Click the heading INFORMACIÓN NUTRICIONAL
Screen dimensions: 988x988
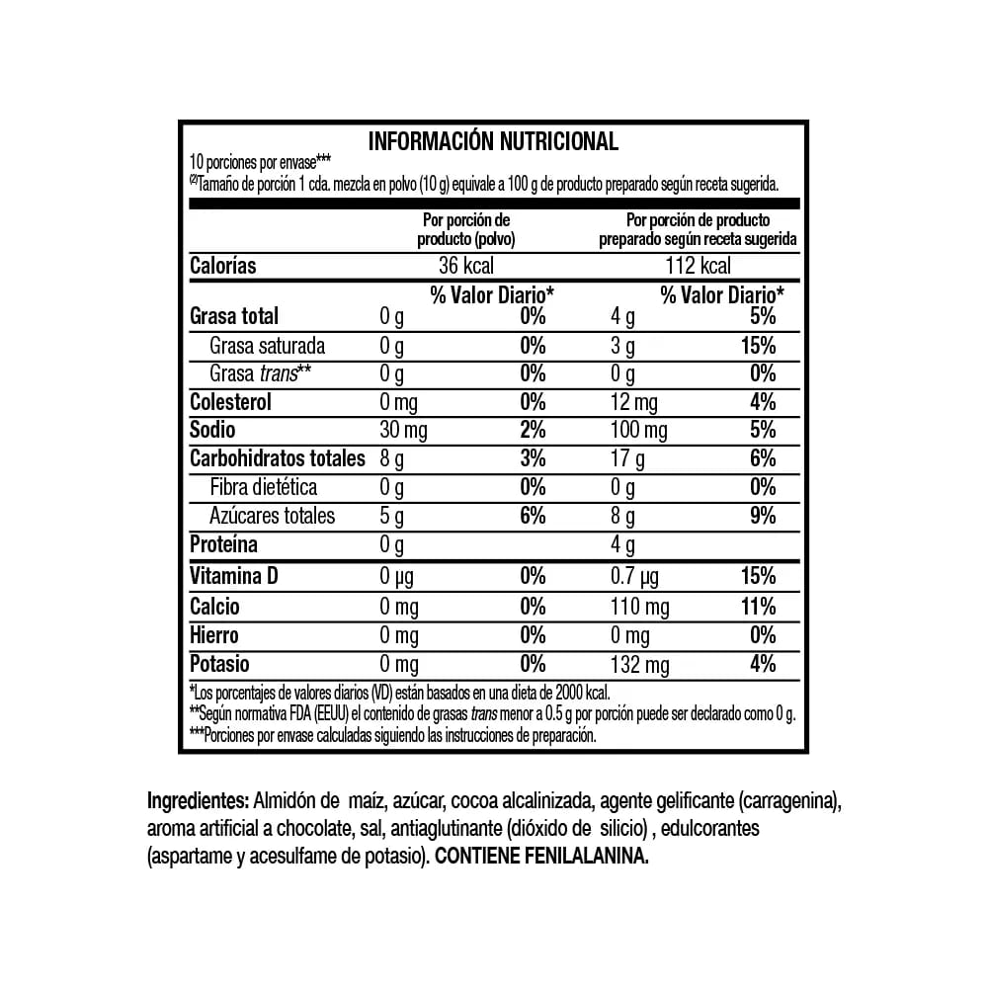(493, 141)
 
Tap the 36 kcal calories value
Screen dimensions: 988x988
(465, 266)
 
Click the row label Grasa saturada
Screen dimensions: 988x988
(267, 346)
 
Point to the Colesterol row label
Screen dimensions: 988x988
(230, 402)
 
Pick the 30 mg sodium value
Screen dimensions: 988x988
(403, 431)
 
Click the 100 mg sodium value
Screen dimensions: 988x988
(640, 431)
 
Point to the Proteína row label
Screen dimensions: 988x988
(223, 544)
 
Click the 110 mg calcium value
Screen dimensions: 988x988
(640, 607)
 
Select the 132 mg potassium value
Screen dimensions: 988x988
(640, 664)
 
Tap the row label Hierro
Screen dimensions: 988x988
(213, 635)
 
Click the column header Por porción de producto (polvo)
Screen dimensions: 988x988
(465, 229)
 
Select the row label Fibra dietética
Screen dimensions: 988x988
(263, 487)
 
